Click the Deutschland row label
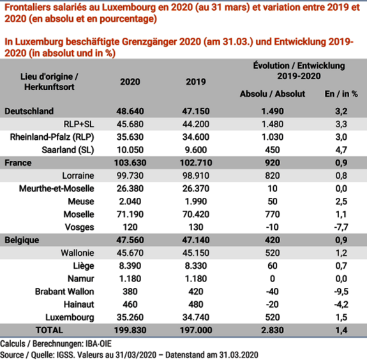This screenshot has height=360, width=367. click(x=29, y=111)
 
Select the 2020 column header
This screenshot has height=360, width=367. click(x=130, y=82)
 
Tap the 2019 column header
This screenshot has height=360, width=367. click(x=196, y=82)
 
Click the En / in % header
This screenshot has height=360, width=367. click(x=341, y=94)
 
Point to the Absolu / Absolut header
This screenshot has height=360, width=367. click(x=273, y=94)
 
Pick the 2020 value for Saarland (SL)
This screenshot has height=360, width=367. click(x=130, y=150)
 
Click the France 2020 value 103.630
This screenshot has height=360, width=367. click(x=130, y=163)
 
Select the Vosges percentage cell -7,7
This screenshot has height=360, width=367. click(x=341, y=227)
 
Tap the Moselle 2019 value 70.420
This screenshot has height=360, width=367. click(x=196, y=214)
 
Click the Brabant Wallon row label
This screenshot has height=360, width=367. click(x=64, y=292)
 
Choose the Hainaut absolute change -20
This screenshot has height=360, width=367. click(x=273, y=304)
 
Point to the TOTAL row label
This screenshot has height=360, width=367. click(x=49, y=330)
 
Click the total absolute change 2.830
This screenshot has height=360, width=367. click(x=273, y=330)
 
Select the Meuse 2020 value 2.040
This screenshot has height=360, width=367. click(x=130, y=201)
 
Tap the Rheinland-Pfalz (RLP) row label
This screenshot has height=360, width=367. click(x=52, y=137)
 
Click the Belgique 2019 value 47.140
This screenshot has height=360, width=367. click(x=196, y=240)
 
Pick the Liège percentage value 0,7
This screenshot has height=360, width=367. click(x=341, y=266)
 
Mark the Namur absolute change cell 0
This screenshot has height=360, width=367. click(x=273, y=278)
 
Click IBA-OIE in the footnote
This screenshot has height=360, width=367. click(x=98, y=344)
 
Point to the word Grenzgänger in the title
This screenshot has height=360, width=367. click(x=149, y=41)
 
